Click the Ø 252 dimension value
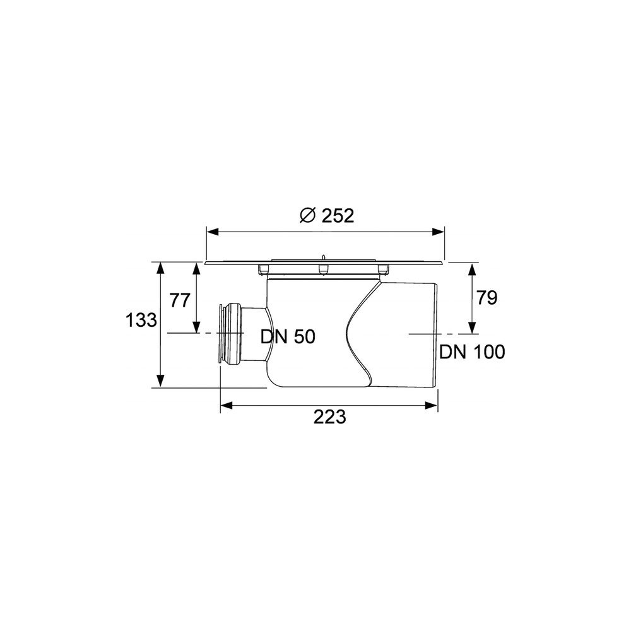pos(327,216)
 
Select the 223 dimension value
pos(329,417)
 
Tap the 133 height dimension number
pos(141,321)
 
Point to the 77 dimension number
pos(179,300)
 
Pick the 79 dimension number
pos(487,298)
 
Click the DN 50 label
pos(288,337)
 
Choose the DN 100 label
pos(472,352)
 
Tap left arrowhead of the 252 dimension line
pos(212,232)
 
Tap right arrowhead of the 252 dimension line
pos(439,232)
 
